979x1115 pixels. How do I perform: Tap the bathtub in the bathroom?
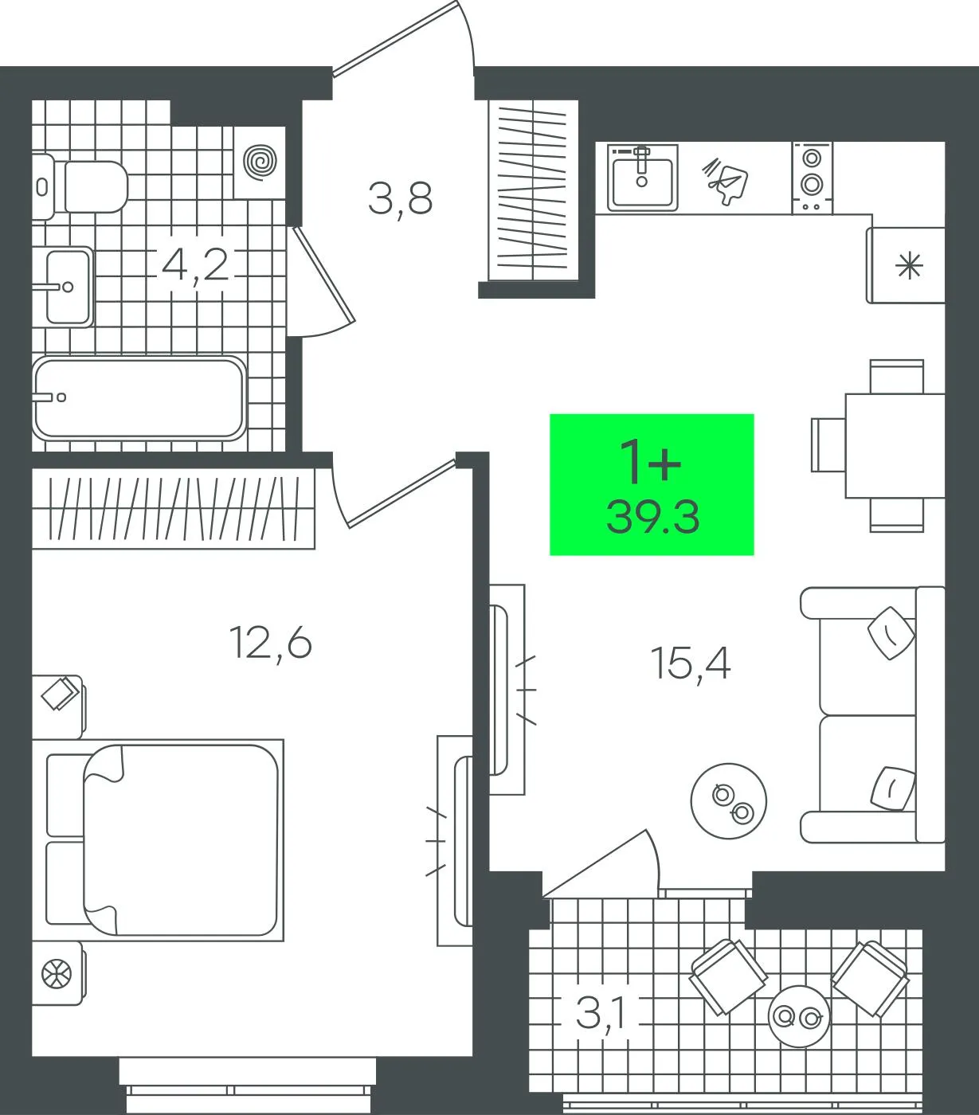tap(139, 398)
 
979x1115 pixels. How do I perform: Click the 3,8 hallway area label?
tap(401, 200)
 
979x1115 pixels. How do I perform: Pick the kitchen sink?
tap(643, 178)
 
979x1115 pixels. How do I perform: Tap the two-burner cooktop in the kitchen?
tap(813, 178)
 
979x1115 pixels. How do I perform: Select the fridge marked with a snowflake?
tap(906, 265)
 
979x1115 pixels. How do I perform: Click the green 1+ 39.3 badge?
tap(652, 484)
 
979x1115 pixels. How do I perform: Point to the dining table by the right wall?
tap(895, 446)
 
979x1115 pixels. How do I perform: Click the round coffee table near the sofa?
tap(728, 800)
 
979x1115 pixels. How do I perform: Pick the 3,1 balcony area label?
tap(601, 1014)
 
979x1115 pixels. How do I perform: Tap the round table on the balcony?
tap(799, 1016)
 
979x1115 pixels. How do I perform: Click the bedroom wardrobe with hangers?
tap(174, 508)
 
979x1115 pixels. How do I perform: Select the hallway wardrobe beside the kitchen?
tap(533, 190)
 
